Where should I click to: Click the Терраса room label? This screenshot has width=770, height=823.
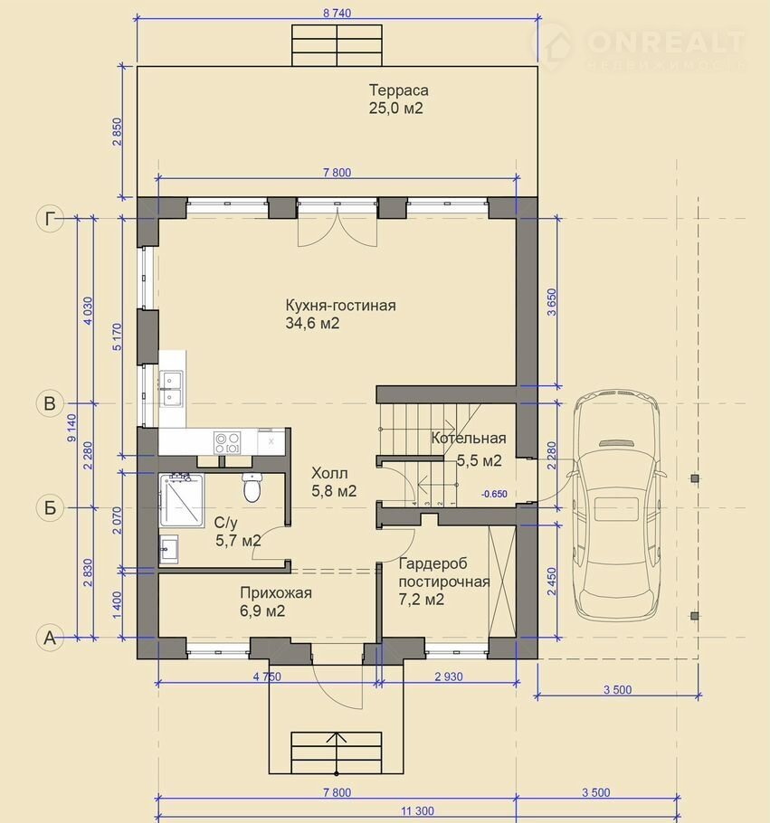(x=398, y=90)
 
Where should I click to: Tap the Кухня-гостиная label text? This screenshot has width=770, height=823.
(x=340, y=305)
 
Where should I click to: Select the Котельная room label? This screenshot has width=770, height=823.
(x=469, y=438)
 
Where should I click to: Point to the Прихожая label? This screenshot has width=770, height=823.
(x=276, y=592)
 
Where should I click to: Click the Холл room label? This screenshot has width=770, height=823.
(x=329, y=473)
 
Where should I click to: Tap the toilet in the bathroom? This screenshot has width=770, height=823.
(x=252, y=487)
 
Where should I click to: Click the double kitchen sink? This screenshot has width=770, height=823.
(x=171, y=388)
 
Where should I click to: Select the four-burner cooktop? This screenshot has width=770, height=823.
(x=227, y=442)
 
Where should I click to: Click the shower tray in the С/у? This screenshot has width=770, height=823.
(x=181, y=500)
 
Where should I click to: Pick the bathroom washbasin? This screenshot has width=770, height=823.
(x=168, y=549)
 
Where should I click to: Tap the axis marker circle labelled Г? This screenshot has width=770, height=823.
(x=50, y=218)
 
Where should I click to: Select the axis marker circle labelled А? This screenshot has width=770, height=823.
(x=50, y=638)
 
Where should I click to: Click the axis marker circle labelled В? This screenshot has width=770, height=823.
(x=50, y=403)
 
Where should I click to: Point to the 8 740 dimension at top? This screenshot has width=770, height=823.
(x=337, y=14)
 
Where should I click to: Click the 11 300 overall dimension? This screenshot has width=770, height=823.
(x=417, y=811)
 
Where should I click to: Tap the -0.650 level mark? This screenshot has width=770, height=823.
(x=495, y=494)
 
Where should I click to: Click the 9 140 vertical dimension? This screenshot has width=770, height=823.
(x=72, y=428)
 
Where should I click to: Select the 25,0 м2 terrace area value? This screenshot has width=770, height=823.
(x=395, y=109)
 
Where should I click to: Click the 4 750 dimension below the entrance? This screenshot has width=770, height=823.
(x=267, y=676)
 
